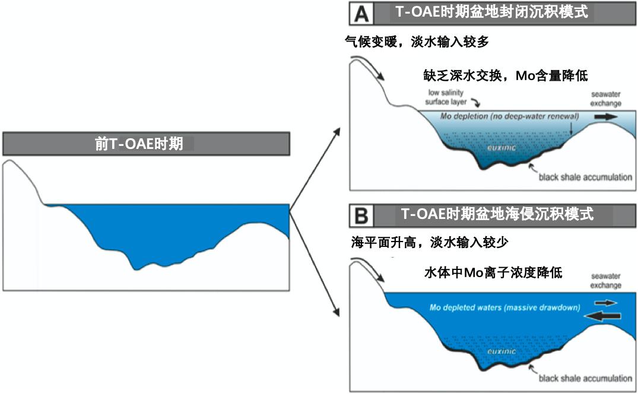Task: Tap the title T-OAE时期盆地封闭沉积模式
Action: pyautogui.click(x=491, y=12)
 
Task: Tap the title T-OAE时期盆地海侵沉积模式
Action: pyautogui.click(x=497, y=214)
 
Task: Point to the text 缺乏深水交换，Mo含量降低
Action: pyautogui.click(x=503, y=75)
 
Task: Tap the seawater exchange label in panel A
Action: pyautogui.click(x=605, y=99)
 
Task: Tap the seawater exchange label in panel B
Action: pyautogui.click(x=605, y=281)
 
